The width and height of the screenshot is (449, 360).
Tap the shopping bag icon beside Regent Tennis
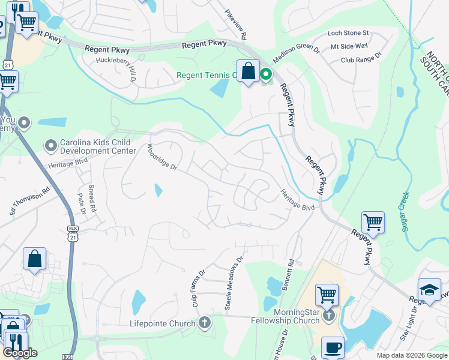[x=248, y=71]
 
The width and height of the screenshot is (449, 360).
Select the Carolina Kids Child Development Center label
[x=97, y=147]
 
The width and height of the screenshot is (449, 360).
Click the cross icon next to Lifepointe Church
[x=204, y=323]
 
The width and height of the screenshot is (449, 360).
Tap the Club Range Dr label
[x=361, y=60]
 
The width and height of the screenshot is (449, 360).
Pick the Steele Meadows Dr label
[x=234, y=283]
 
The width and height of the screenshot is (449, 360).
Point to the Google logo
[x=20, y=353]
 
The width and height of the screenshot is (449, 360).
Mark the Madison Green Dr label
[x=296, y=55]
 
